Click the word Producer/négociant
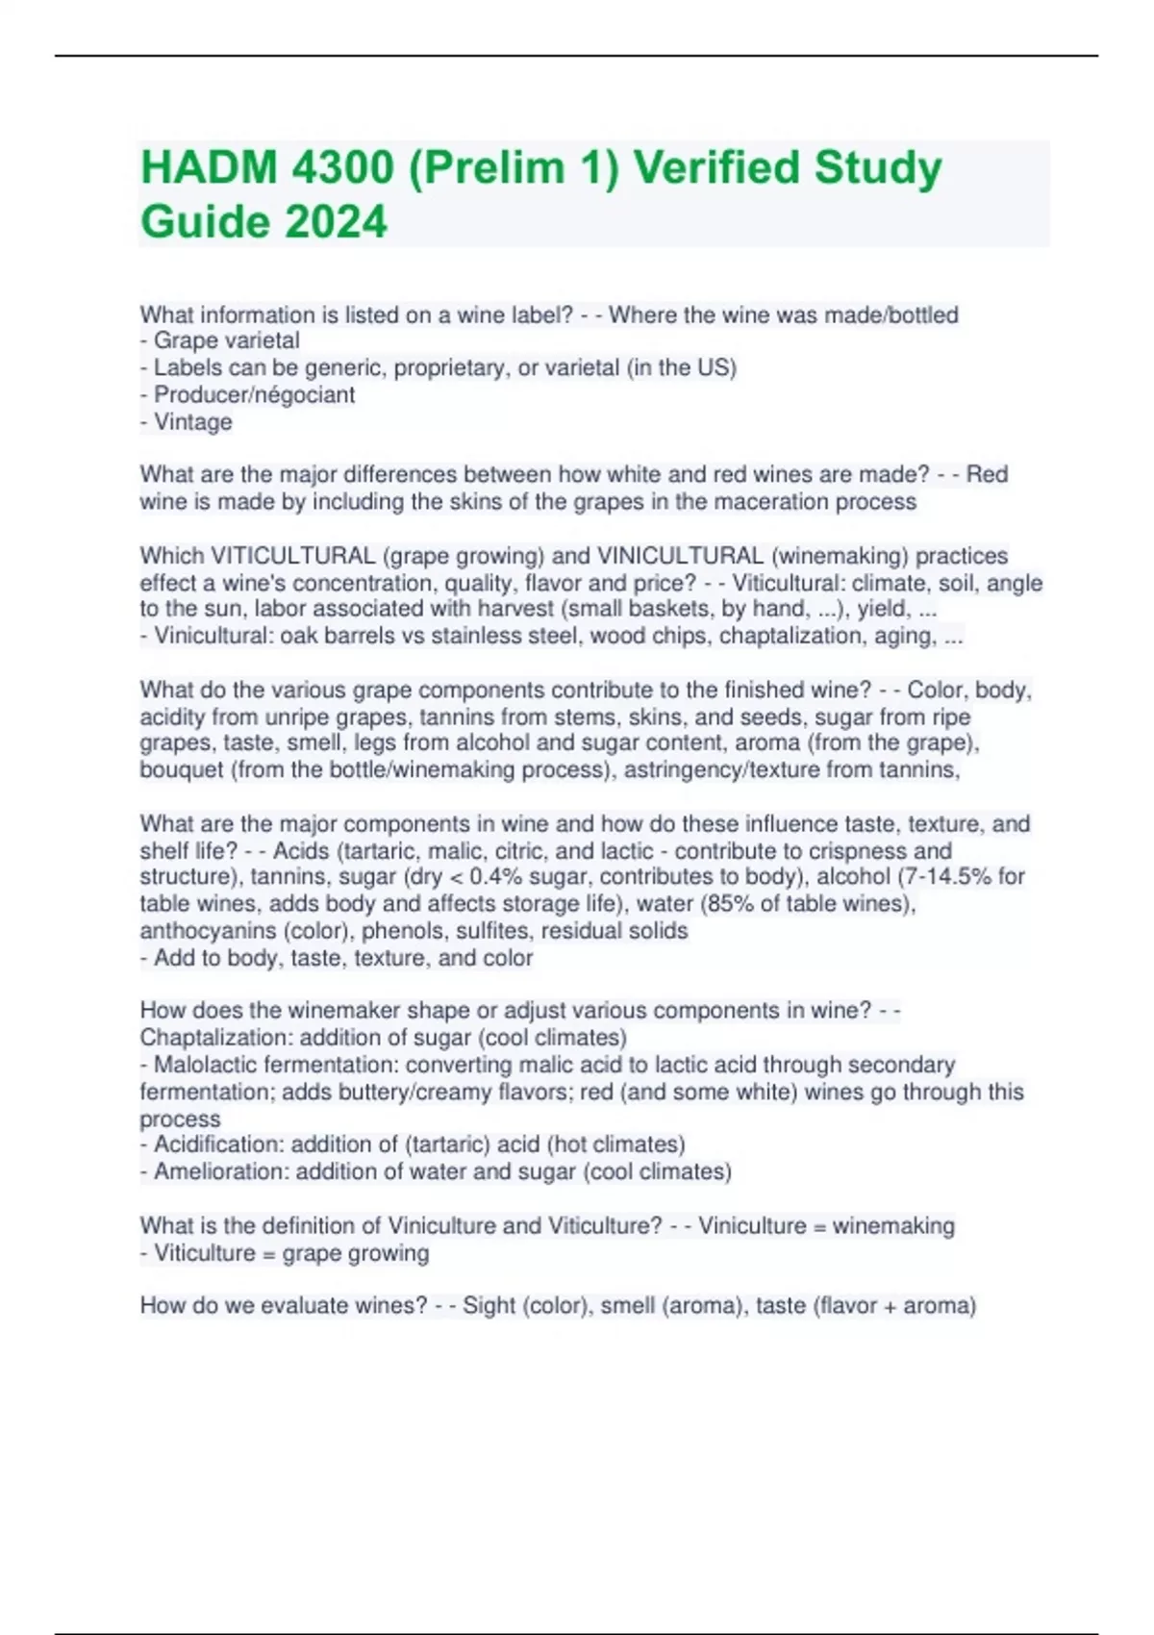click(x=254, y=394)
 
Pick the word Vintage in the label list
click(x=192, y=421)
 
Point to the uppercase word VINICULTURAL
click(x=680, y=556)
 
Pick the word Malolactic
click(x=203, y=1065)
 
